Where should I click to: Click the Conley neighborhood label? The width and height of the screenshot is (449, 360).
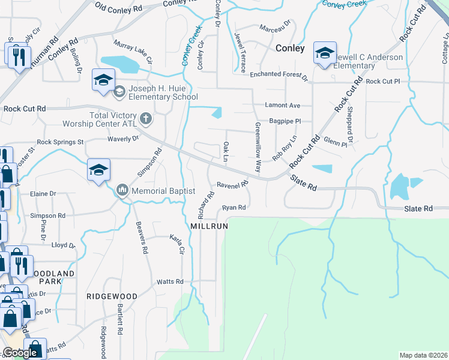click(290, 48)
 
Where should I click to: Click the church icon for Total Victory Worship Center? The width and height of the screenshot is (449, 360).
click(145, 118)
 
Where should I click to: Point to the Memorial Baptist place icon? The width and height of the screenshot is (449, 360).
click(122, 191)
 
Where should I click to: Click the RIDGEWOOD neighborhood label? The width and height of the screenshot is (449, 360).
click(112, 296)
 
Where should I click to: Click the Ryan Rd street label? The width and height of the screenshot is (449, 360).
click(235, 208)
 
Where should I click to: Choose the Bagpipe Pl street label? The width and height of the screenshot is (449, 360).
click(285, 121)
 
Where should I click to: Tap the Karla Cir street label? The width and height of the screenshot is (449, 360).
click(176, 243)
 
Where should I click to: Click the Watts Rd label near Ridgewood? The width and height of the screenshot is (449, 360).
click(169, 281)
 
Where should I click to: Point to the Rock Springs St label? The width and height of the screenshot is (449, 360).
click(60, 142)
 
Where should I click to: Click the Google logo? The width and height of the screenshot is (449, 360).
click(20, 353)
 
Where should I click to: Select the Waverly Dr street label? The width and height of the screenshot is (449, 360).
click(123, 139)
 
